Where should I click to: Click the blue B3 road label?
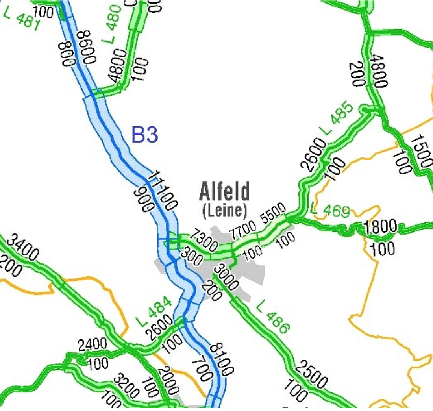144,135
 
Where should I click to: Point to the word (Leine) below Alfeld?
224,211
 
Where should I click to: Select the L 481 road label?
21,19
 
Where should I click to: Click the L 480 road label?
112,24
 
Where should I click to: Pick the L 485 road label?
339,118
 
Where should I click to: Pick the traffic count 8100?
221,358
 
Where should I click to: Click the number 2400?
92,345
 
